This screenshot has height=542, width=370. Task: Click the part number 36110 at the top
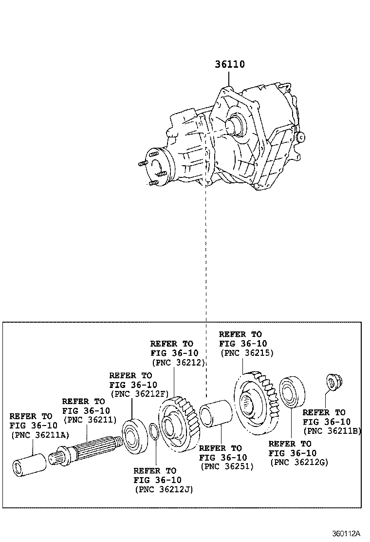230,64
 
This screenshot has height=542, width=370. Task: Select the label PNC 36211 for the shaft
90,420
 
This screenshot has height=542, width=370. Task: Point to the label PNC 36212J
164,489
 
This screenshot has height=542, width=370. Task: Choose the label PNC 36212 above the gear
178,363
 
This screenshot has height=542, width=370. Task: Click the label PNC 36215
247,353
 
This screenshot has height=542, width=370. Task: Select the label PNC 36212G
298,462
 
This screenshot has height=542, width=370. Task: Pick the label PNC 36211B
332,431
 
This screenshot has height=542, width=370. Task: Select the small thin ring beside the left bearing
153,432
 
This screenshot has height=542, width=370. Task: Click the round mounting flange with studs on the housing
158,168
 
